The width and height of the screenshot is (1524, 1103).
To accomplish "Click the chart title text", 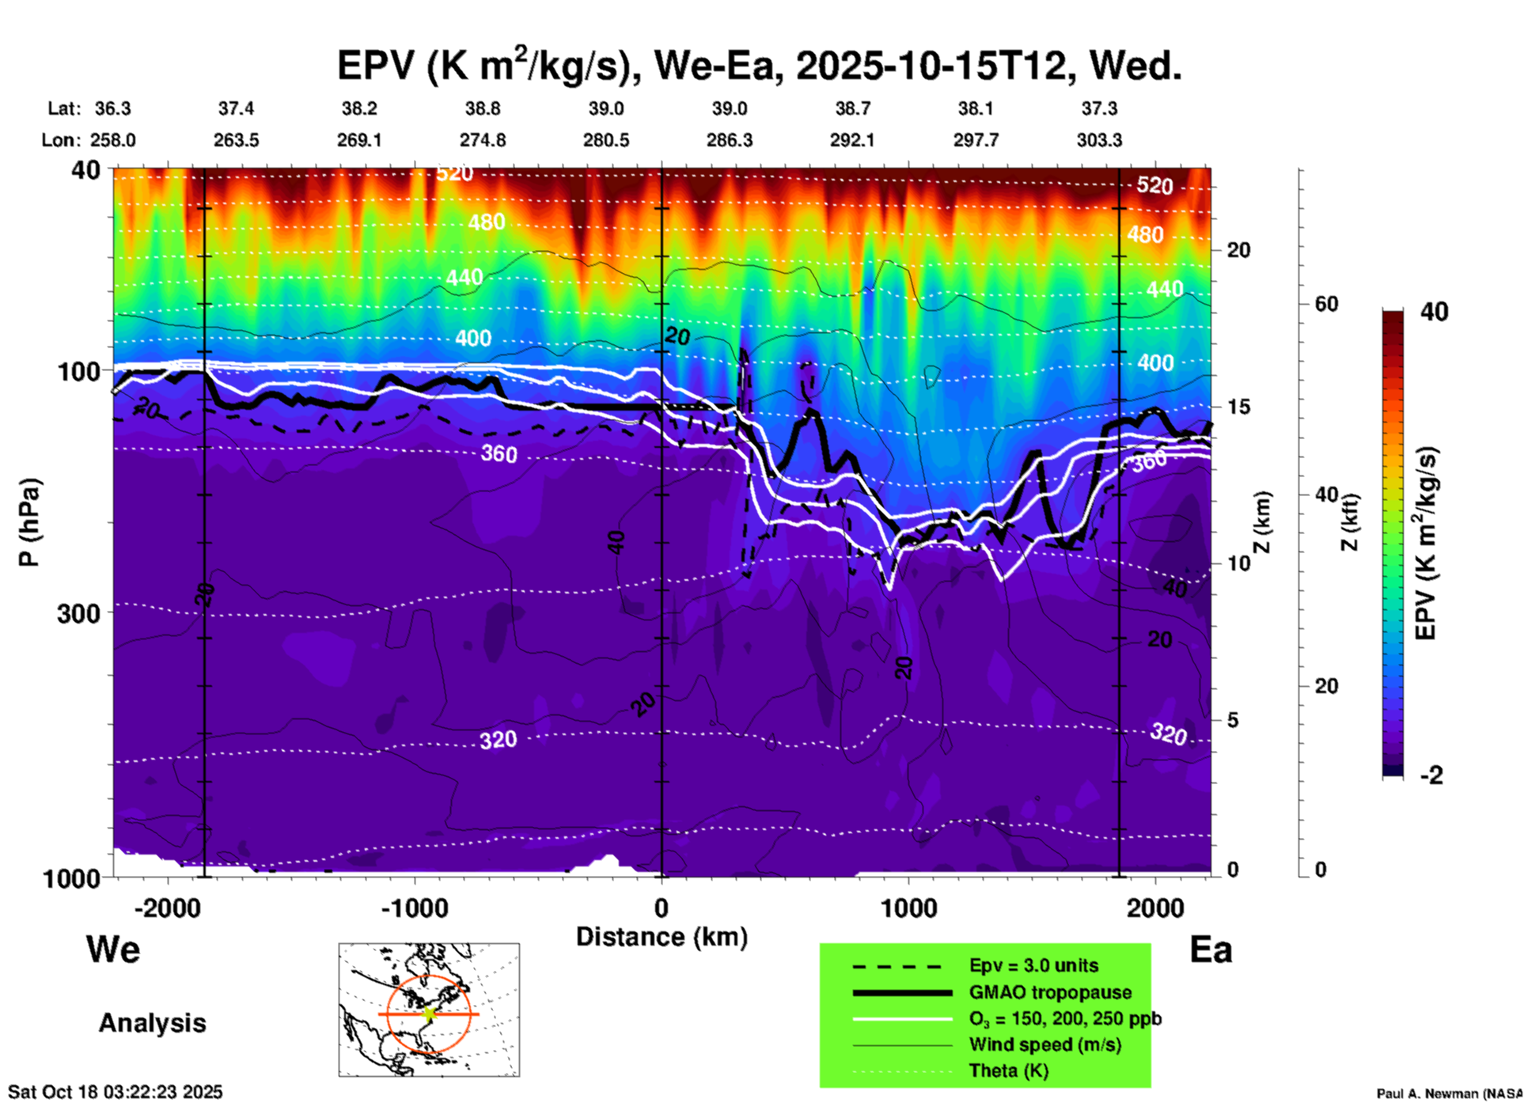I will [x=759, y=65].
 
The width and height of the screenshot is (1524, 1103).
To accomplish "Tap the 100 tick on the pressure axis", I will [x=78, y=371].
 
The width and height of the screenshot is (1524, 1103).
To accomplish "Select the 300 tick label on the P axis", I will [x=78, y=613].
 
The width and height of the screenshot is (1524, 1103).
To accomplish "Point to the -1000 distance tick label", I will [x=415, y=908].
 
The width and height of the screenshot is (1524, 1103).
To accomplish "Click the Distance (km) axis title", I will [x=662, y=937].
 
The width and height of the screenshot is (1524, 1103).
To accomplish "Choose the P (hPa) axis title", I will [x=29, y=521].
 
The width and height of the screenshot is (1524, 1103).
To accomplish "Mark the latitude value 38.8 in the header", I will [x=482, y=108].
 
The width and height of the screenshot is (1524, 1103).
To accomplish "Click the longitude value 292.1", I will [x=852, y=140].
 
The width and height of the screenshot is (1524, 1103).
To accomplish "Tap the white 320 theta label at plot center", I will [x=498, y=740].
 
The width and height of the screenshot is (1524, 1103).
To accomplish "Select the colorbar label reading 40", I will [x=1434, y=312].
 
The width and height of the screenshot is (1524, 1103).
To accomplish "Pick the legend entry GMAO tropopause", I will [x=1050, y=992].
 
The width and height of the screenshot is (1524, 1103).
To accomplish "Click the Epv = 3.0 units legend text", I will [x=1033, y=966].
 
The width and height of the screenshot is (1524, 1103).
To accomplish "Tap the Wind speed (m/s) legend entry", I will [x=1044, y=1044].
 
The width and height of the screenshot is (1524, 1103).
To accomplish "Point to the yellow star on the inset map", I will [x=429, y=1014].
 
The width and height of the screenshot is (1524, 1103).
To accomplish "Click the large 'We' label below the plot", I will [x=113, y=949].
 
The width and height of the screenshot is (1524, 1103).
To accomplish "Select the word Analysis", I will [x=152, y=1023].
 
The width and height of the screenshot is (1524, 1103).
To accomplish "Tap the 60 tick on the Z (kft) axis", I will [x=1326, y=304].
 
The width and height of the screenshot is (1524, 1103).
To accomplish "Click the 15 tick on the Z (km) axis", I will [x=1238, y=407].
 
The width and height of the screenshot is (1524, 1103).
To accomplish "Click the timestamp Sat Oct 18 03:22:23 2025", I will [x=116, y=1092].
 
